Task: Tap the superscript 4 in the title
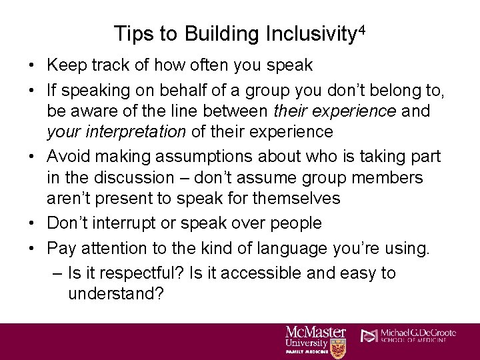362,29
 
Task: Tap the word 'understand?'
116,295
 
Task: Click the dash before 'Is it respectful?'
56,273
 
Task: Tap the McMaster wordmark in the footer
316,331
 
